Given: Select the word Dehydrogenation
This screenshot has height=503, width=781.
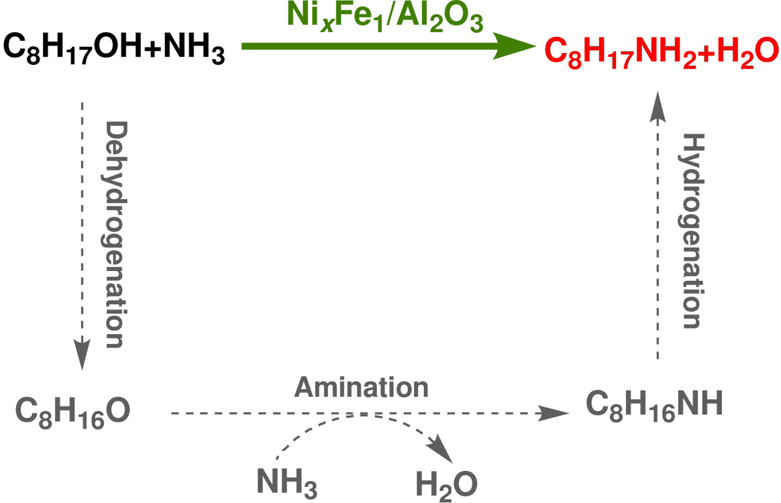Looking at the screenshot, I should pyautogui.click(x=114, y=235).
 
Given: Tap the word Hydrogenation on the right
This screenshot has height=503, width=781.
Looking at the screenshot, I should pyautogui.click(x=691, y=231).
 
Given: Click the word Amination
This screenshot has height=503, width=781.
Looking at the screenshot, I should pyautogui.click(x=362, y=388).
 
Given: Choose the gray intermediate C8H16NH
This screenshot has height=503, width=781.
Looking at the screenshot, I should pyautogui.click(x=654, y=405).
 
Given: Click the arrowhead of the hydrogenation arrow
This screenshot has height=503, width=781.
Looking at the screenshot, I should pyautogui.click(x=658, y=104).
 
